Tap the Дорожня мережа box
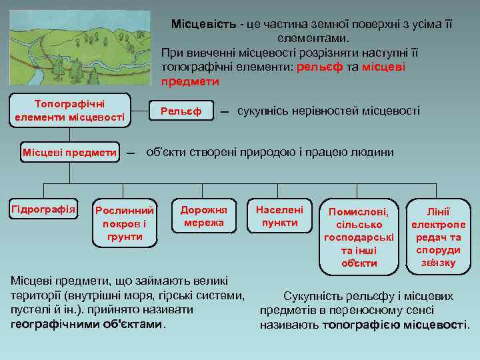coord(203,216)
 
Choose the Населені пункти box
coord(280,216)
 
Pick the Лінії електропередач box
coord(439,236)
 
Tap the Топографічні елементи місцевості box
coord(69,111)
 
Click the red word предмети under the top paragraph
coord(190,81)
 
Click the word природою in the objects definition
coord(257,151)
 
